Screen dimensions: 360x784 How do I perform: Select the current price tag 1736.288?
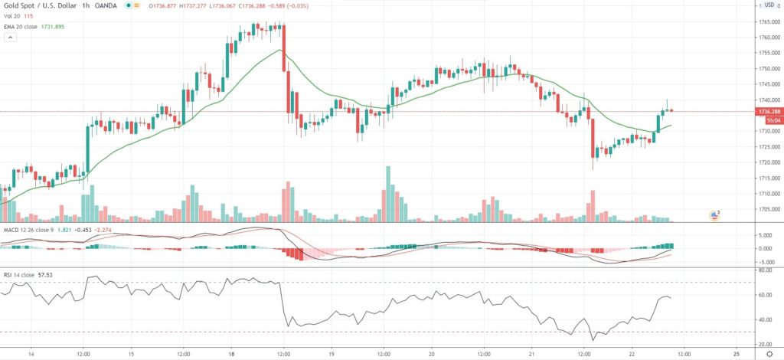point(767,111)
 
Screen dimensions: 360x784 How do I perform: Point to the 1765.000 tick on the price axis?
point(766,21)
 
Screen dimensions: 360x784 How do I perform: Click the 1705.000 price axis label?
point(766,208)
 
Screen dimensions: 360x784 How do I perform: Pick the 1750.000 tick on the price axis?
point(766,68)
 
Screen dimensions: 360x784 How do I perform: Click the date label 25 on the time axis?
point(736,354)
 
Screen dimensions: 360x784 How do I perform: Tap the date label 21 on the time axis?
point(534,354)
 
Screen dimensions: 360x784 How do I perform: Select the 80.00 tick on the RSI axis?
point(764,270)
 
